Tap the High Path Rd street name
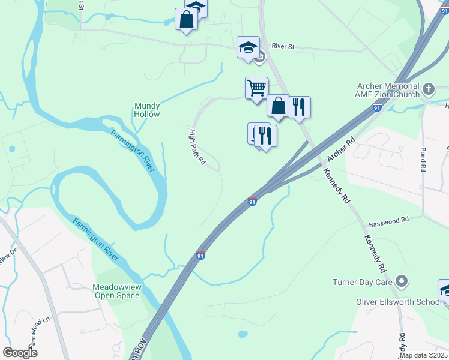point(197,147)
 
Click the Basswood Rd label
point(388,221)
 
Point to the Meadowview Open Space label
point(116,291)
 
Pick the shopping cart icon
point(256,88)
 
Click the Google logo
point(20,352)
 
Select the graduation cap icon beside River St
point(247,47)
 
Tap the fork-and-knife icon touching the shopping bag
point(299,107)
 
